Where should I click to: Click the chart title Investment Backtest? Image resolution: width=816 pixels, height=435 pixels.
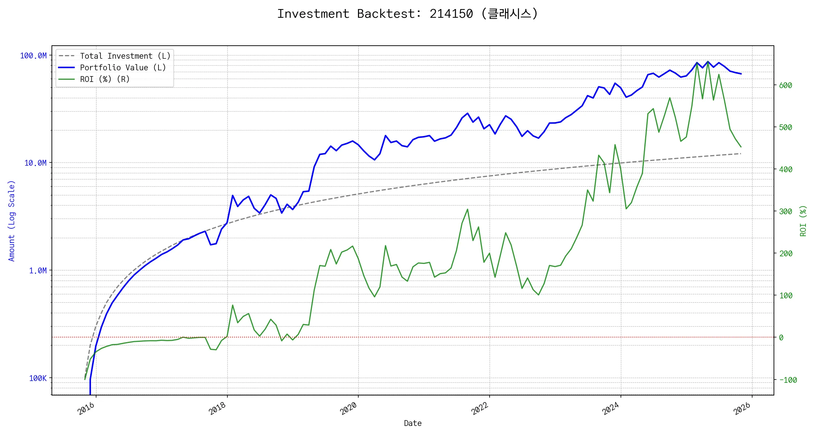[x=408, y=14]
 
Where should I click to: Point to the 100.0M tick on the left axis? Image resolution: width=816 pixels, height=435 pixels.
[x=33, y=56]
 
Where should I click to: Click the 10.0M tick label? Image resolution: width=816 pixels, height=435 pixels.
[x=36, y=163]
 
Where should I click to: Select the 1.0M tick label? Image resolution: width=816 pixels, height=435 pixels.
[x=38, y=271]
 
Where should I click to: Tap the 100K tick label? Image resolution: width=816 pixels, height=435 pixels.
[x=38, y=378]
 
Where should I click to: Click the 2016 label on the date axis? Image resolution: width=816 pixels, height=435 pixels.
[x=86, y=409]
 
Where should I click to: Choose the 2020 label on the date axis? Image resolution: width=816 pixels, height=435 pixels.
[x=349, y=409]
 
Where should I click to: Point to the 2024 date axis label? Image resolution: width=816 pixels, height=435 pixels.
[x=611, y=409]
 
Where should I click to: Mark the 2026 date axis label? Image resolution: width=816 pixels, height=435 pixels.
[x=742, y=409]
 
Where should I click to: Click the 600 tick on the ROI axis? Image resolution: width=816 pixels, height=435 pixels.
[x=786, y=86]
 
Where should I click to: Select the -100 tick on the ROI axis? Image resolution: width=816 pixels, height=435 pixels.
[x=788, y=380]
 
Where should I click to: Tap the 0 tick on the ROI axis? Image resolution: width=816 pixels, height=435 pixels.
[x=781, y=338]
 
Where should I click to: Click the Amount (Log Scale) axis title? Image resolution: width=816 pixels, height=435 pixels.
[x=12, y=221]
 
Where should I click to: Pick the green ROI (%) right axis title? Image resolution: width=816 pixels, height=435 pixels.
[x=803, y=221]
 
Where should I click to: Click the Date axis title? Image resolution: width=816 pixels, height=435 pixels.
[x=413, y=423]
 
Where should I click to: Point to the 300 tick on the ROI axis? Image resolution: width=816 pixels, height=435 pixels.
[x=786, y=212]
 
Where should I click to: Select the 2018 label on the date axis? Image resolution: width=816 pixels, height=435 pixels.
[x=218, y=409]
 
